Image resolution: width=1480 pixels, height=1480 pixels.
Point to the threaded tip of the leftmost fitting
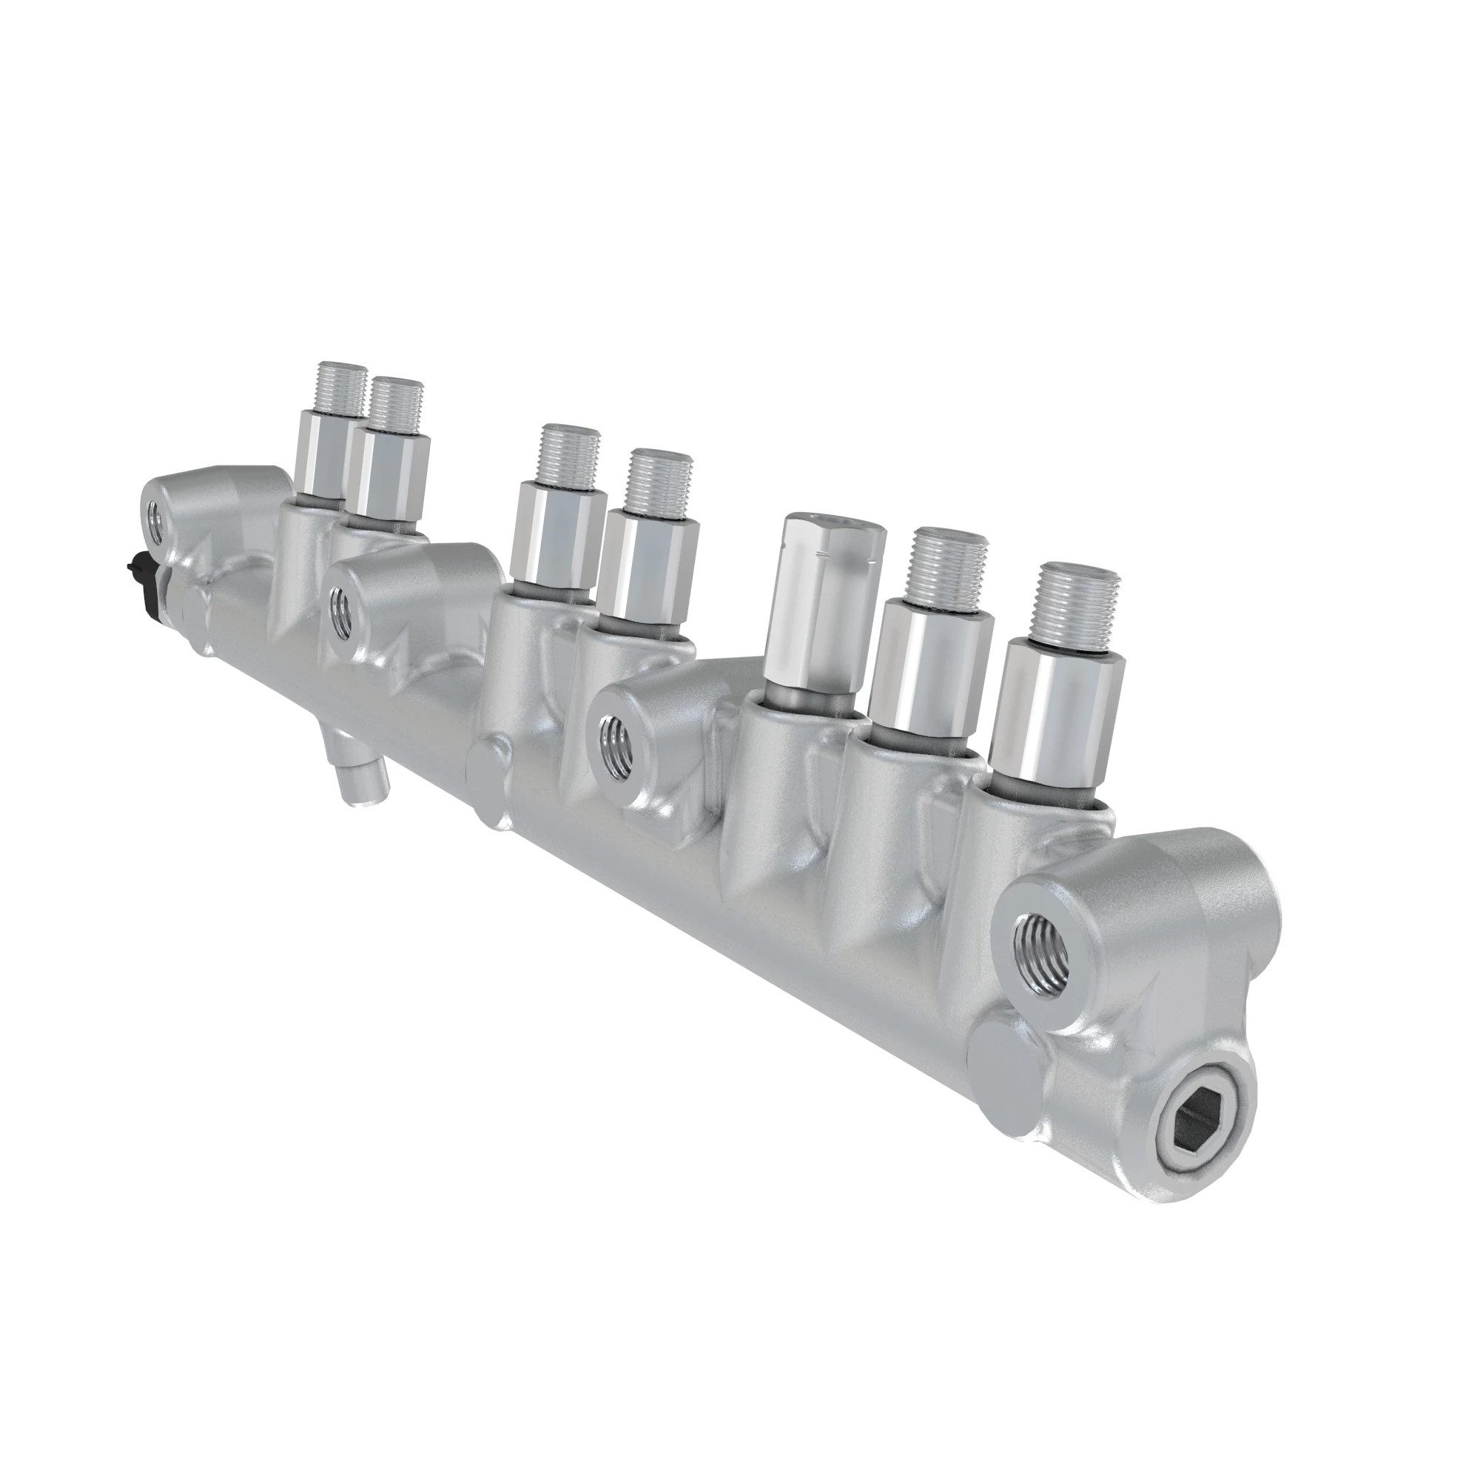[342, 388]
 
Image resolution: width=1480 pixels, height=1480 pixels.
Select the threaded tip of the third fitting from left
[569, 454]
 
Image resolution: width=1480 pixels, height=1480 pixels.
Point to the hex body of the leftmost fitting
[322, 454]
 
